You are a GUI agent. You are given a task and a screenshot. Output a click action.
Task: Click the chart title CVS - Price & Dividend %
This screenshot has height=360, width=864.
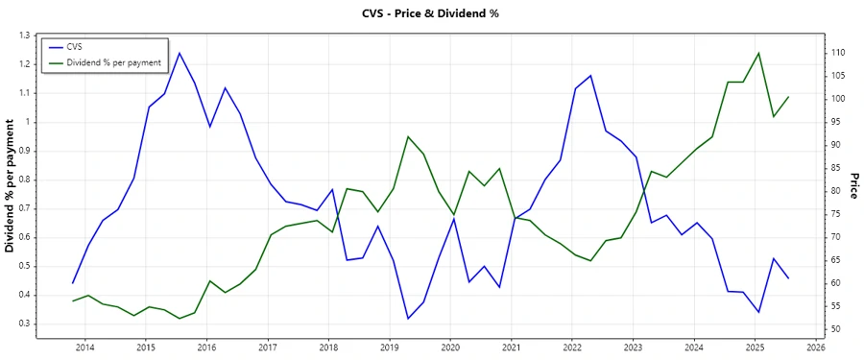pos(431,13)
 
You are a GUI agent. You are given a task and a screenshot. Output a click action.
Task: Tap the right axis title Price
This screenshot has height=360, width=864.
pos(853,185)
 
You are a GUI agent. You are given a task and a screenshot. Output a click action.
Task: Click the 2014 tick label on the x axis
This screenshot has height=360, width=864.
pos(84,348)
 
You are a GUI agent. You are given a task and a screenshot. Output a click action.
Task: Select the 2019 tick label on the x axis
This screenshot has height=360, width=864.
pos(390,348)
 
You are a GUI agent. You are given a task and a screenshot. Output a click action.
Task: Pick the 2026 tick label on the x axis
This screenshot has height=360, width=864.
pos(816,348)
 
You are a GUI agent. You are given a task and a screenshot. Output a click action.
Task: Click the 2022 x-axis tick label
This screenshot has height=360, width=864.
pos(572,348)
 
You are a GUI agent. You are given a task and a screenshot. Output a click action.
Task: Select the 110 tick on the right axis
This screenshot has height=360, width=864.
pos(838,53)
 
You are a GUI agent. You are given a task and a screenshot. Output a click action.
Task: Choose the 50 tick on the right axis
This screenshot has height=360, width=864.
pos(836,329)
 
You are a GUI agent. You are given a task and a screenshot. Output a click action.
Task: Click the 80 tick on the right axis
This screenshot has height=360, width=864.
pos(836,191)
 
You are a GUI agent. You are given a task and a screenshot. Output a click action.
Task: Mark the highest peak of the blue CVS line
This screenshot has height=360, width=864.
pos(180,53)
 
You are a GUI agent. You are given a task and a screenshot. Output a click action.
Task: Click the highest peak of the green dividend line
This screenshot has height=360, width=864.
pos(758,53)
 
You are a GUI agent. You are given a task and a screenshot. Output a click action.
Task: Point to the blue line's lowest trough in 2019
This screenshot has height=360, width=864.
pos(408,319)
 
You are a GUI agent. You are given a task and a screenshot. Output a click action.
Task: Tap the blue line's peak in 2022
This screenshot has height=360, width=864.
pos(590,75)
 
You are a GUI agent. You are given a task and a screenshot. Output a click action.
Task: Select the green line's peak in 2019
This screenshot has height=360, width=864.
pos(408,136)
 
